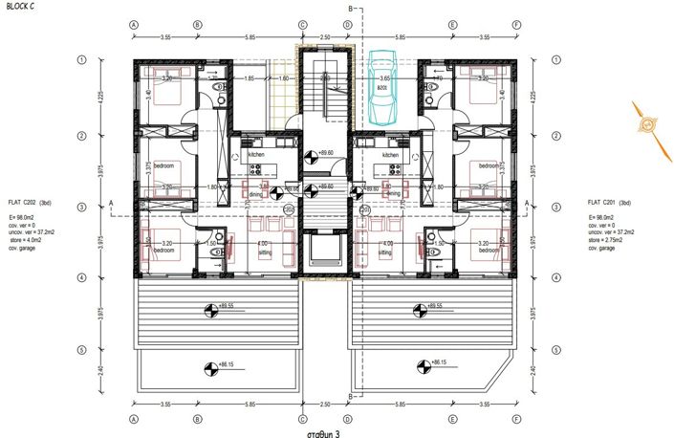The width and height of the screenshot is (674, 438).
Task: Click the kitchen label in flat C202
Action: pyautogui.click(x=256, y=154)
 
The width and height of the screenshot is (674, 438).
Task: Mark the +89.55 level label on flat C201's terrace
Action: pyautogui.click(x=433, y=306)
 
